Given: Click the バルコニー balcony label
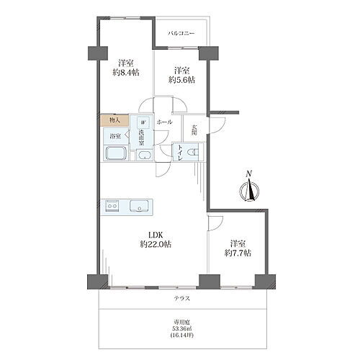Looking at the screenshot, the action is coord(181,33).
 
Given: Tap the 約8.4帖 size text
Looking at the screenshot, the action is coord(126,73).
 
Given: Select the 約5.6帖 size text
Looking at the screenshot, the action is coord(181,80).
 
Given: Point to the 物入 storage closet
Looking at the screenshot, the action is coord(114,120).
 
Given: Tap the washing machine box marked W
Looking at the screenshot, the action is coord(143,122).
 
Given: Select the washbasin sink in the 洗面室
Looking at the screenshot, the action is coord(144,155).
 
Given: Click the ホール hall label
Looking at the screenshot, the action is coord(164,122).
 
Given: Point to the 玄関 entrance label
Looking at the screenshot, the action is coord(194,130).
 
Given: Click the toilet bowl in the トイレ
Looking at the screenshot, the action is coord(193,152).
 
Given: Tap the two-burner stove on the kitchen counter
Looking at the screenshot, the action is coord(112,206).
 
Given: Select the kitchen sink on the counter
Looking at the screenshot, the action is coord(139,206).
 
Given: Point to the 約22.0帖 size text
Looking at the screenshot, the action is coord(156,245).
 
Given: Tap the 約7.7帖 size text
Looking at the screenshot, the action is coord(238,253).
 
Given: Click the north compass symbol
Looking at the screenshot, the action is coord(250,189).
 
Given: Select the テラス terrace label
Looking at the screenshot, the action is coord(182,298).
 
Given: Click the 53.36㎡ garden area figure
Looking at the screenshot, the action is coord(182,328).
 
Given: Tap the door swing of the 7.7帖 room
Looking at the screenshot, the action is coord(215,223).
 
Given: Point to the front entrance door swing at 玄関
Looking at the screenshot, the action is coord(217,125).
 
